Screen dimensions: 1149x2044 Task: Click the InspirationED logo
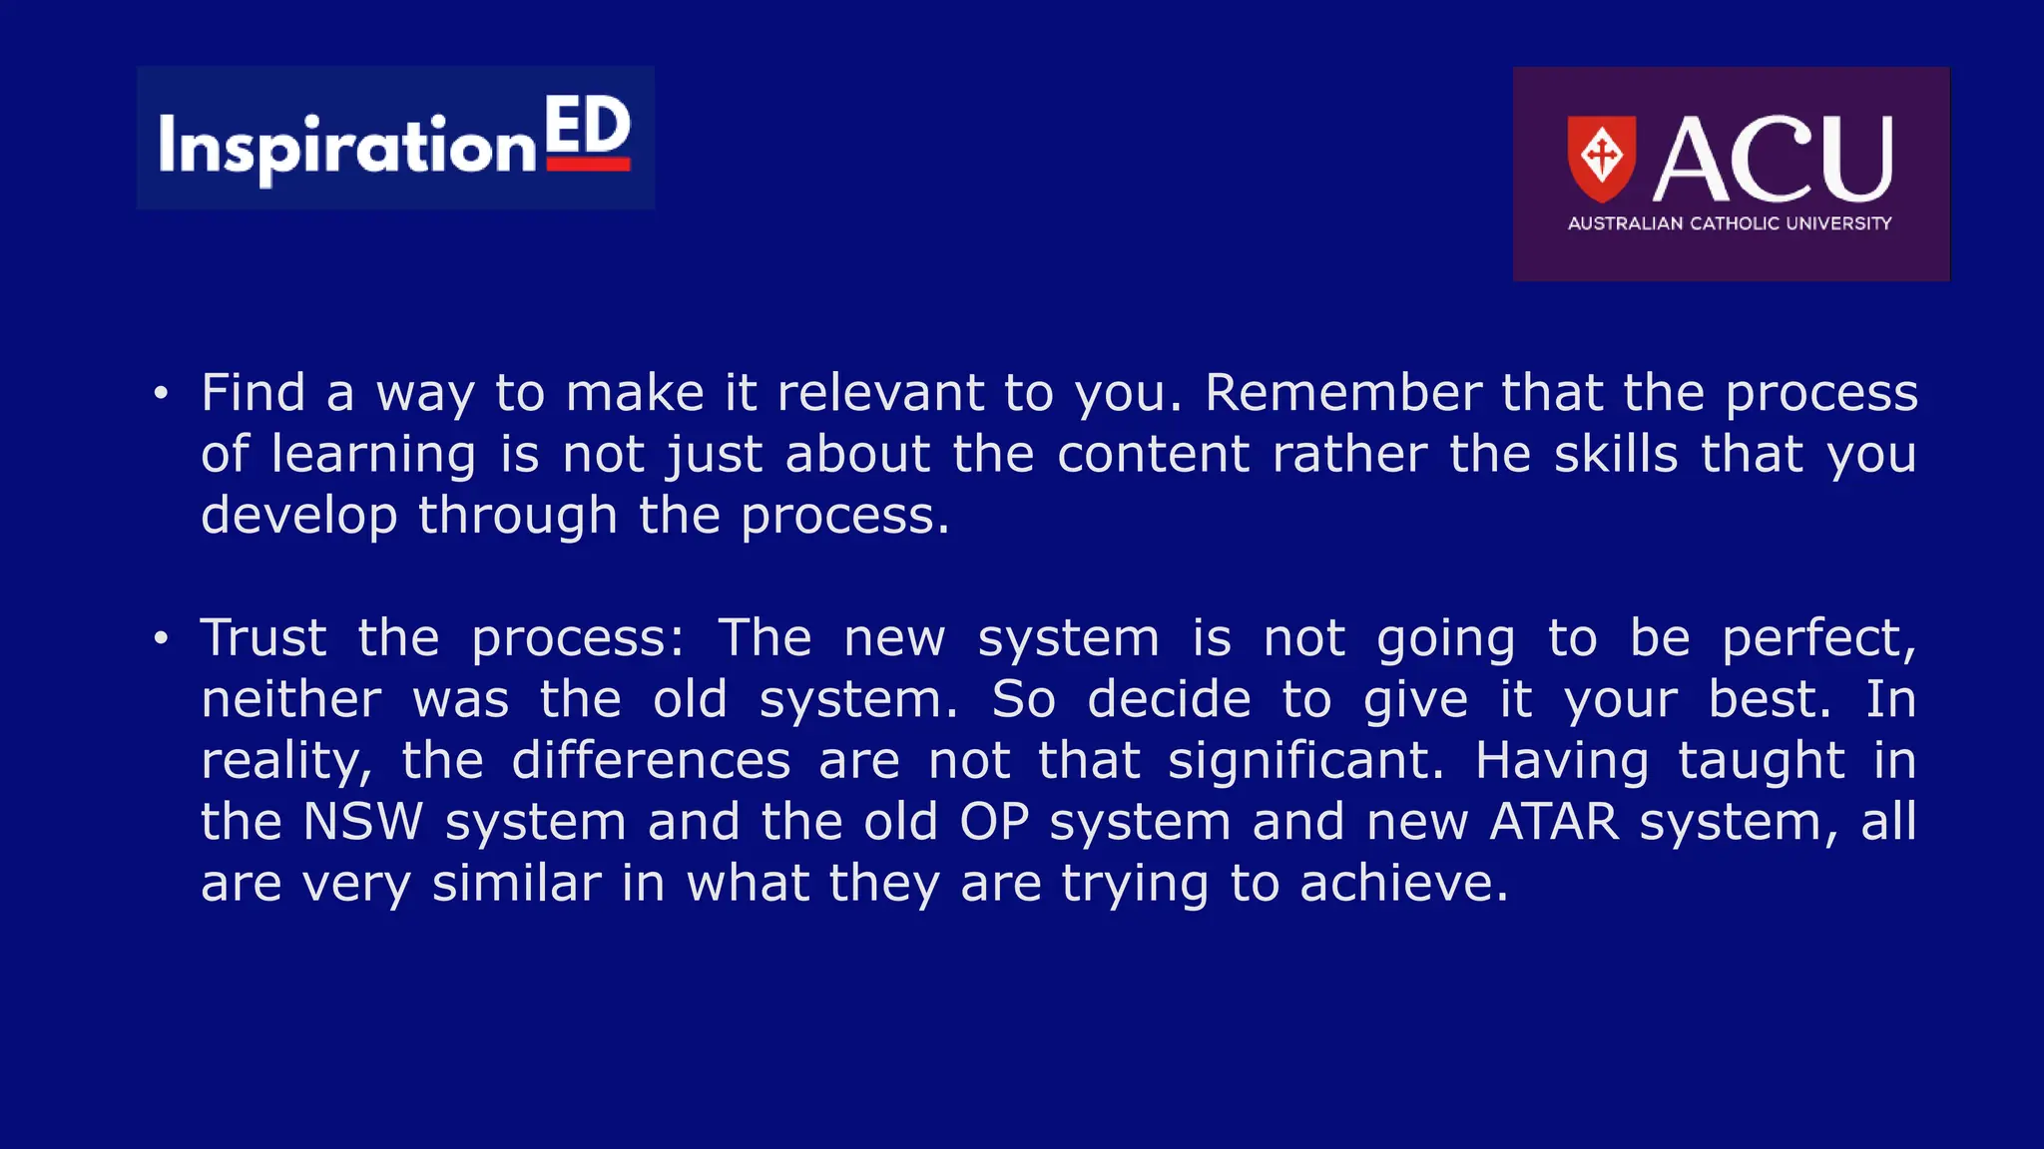tap(395, 139)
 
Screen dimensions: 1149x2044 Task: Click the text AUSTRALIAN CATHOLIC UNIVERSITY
tap(1730, 223)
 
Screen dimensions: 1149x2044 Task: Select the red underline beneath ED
tap(588, 165)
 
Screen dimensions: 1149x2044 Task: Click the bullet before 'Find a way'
tap(161, 394)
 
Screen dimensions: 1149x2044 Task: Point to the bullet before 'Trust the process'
tap(161, 638)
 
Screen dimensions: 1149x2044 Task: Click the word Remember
tap(1342, 392)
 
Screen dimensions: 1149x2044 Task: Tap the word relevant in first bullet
tap(879, 392)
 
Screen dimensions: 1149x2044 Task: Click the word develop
tap(298, 517)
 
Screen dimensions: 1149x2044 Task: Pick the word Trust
tap(263, 637)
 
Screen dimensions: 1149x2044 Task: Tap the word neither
tap(290, 699)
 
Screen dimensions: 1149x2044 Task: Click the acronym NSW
tap(362, 822)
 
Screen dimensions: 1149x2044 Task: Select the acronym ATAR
tap(1553, 822)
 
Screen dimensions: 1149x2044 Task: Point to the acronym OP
tap(993, 822)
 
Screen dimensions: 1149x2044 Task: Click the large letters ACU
tap(1773, 160)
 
